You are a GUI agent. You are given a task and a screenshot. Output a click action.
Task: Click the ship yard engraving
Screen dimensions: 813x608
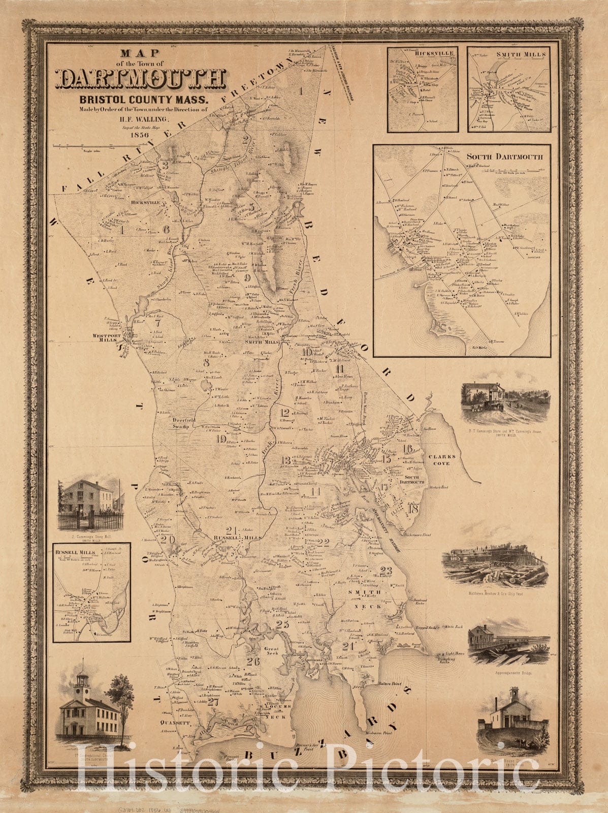point(495,567)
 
